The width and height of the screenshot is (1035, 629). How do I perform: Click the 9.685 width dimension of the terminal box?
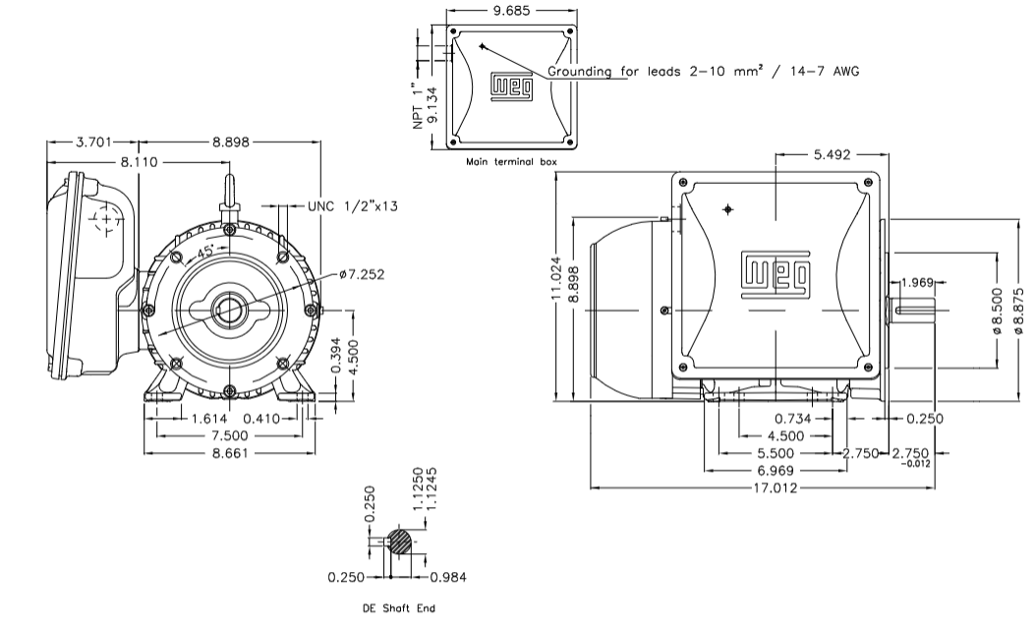[510, 11]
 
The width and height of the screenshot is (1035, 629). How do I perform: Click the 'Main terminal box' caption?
[510, 161]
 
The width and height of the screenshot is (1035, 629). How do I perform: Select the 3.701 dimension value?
[94, 142]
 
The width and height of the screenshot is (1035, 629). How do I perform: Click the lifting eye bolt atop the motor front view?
[228, 189]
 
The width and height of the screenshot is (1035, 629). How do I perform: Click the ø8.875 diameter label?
[1018, 311]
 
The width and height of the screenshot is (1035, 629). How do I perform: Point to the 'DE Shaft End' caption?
[399, 608]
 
